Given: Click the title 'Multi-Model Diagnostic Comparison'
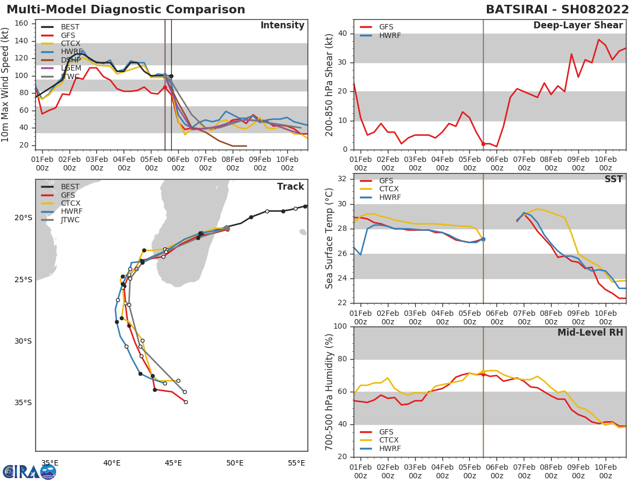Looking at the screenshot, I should click(126, 10).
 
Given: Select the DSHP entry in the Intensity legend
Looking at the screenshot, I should click(70, 60).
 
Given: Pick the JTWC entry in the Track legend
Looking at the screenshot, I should click(70, 220).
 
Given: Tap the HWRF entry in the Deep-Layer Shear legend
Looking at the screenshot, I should click(389, 35).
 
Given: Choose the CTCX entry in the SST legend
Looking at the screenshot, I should click(389, 189).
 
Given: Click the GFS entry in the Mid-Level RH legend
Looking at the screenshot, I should click(386, 432).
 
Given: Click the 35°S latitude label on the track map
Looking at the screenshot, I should click(23, 403).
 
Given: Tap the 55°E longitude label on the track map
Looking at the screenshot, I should click(296, 463).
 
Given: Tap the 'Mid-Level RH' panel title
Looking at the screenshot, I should click(590, 332).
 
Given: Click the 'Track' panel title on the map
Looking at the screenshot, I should click(290, 187).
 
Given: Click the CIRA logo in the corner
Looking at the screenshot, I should click(29, 471).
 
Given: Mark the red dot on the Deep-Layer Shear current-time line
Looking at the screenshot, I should click(483, 144).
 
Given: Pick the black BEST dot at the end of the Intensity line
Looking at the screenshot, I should click(171, 76).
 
